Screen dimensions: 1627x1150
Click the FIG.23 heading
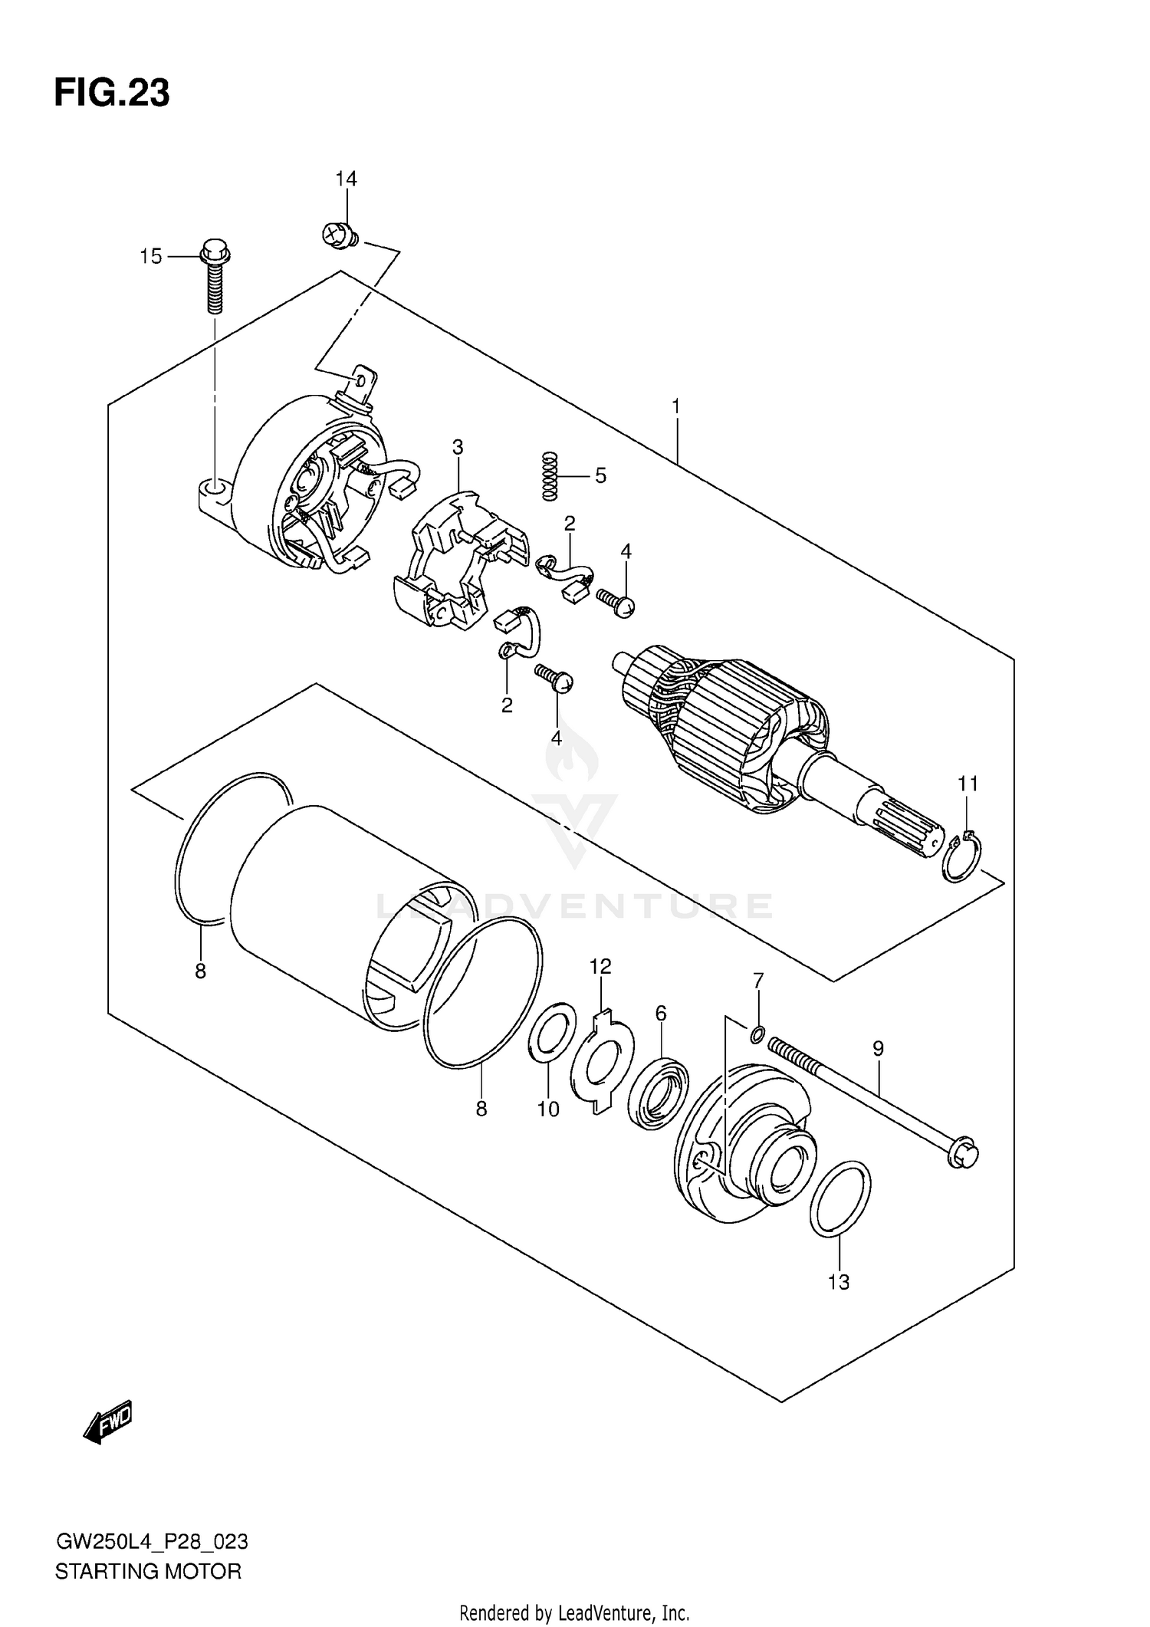(112, 94)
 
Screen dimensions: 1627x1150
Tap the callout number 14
(346, 179)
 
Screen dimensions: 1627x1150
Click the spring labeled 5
(549, 476)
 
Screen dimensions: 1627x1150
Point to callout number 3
(458, 446)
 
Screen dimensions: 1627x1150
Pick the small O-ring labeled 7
(757, 1036)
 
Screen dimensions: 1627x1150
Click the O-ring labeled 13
(840, 1209)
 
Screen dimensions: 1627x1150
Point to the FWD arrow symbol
(109, 1422)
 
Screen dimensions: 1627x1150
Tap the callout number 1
(676, 406)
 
